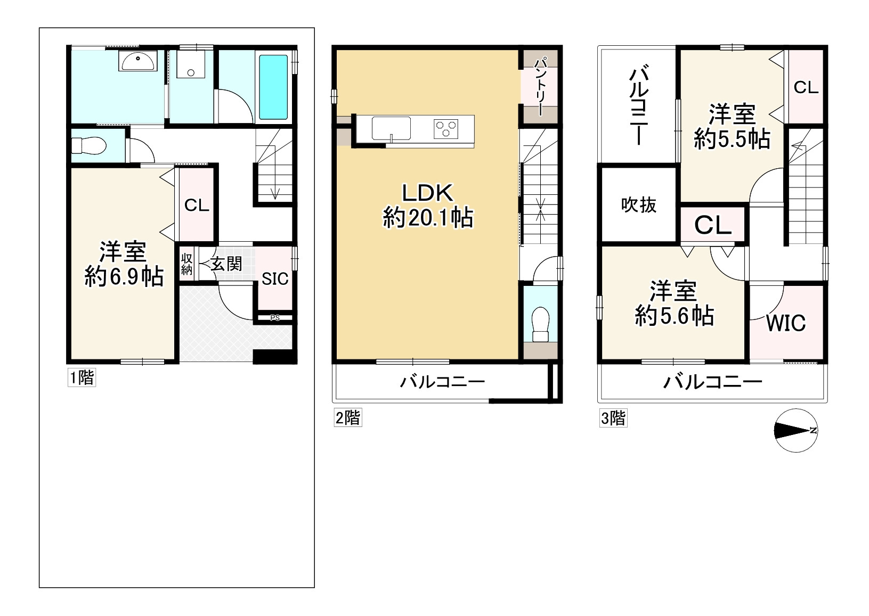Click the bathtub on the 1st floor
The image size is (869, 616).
point(273,87)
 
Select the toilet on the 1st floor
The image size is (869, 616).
point(89,145)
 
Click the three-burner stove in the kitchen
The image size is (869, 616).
point(446,129)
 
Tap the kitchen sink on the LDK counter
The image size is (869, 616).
point(391,128)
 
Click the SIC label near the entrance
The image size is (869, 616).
point(275,279)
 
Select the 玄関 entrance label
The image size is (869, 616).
point(226,264)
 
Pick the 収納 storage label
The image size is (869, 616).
point(186,264)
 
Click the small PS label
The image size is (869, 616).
point(275,318)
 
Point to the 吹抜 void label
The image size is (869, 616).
point(638,205)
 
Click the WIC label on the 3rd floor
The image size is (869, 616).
point(786,323)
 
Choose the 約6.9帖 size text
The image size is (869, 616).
point(124,277)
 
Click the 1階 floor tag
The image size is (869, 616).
point(82,377)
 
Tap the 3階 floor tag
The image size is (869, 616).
point(613,418)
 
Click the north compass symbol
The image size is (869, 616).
point(795,430)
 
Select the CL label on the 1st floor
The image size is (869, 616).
point(197,206)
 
